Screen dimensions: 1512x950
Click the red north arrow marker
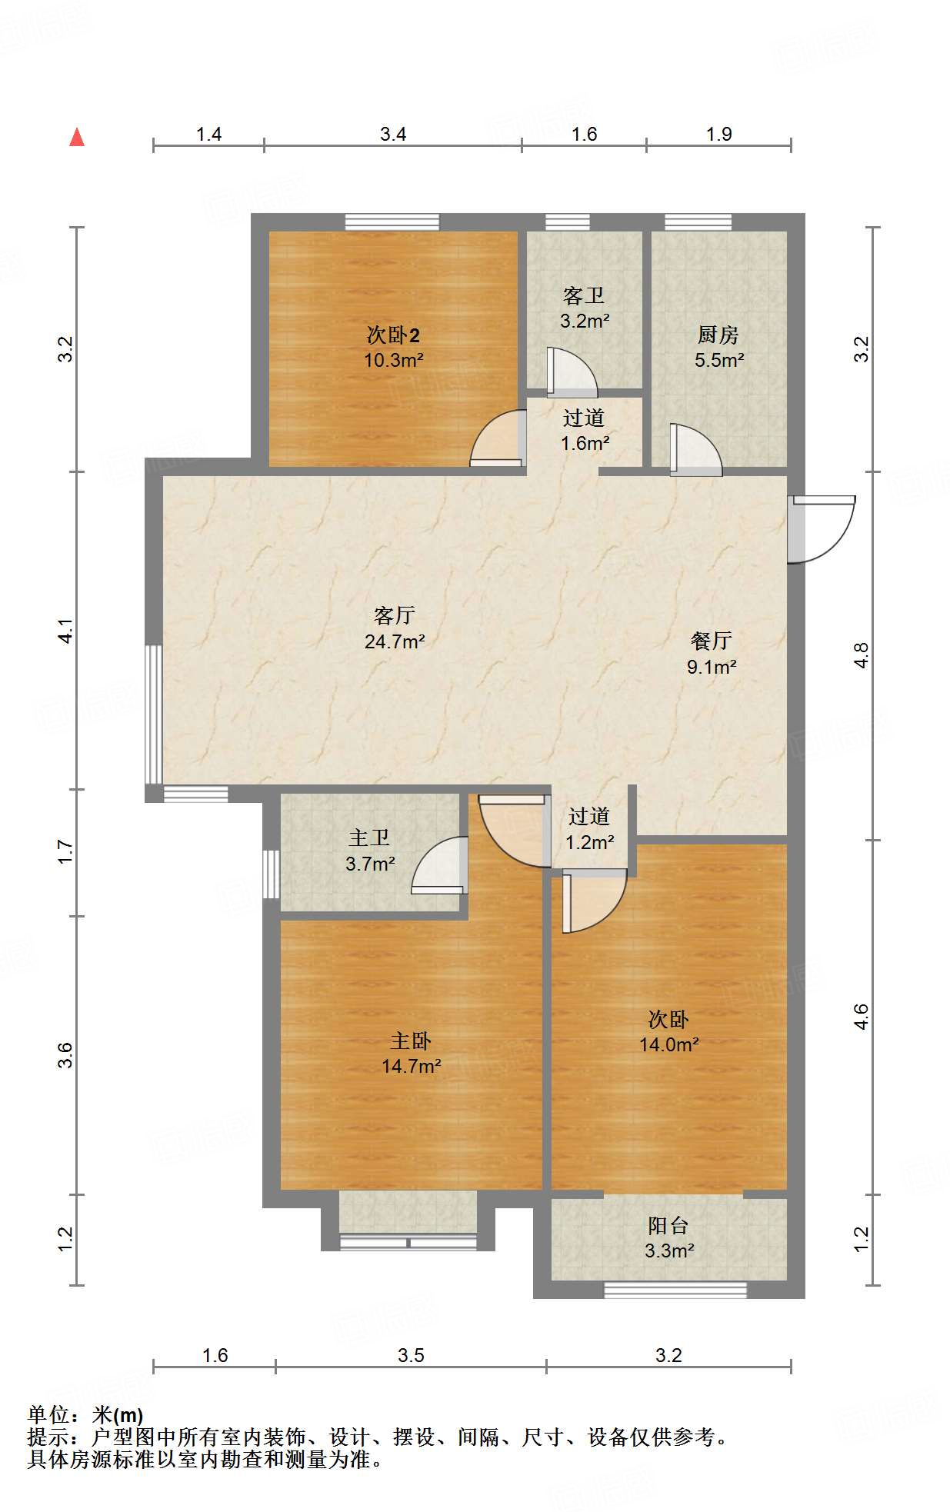tap(77, 138)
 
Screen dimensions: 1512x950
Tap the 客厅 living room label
tap(395, 615)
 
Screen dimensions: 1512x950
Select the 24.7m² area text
tap(395, 641)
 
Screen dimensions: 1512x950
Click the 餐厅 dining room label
tap(712, 641)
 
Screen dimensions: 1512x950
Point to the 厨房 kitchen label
tap(718, 335)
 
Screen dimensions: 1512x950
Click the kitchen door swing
tap(695, 449)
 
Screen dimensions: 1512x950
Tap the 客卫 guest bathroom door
tap(571, 373)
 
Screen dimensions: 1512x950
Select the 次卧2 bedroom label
tap(393, 335)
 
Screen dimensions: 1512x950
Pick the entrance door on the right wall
tap(822, 529)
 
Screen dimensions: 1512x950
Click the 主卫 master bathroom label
tap(370, 838)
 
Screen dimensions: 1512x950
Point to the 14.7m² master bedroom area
tap(412, 1067)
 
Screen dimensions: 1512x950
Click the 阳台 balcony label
tap(668, 1226)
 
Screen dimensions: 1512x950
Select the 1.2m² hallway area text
tap(590, 843)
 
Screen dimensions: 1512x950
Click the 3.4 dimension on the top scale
tap(393, 135)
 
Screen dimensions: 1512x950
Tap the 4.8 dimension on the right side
tap(862, 655)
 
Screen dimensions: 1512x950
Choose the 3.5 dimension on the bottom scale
tap(411, 1355)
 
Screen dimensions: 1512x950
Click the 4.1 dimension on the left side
tap(66, 631)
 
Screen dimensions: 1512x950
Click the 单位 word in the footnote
tap(48, 1414)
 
